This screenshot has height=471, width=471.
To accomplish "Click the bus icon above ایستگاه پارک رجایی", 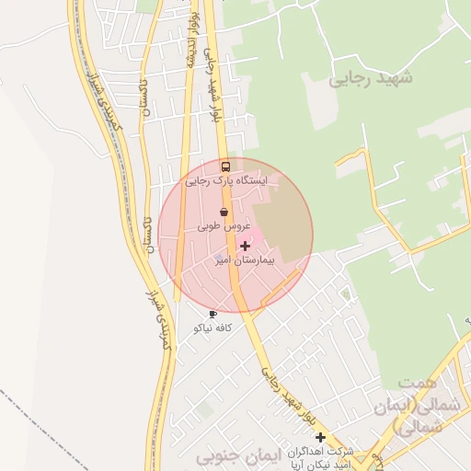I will (225, 167).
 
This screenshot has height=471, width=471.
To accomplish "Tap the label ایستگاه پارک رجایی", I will (226, 181).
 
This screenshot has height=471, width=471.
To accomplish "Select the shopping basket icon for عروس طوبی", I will (224, 212).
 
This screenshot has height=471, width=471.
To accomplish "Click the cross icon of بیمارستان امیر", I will (244, 246).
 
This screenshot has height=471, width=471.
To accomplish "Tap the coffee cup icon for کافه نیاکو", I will (213, 315).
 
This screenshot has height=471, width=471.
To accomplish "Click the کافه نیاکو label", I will (213, 327).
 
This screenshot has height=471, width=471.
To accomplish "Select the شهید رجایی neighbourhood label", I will (371, 78).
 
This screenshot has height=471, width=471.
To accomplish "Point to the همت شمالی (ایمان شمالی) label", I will (422, 404).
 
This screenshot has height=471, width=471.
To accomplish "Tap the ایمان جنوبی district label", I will (235, 456).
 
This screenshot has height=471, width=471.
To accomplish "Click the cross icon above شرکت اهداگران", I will (320, 437).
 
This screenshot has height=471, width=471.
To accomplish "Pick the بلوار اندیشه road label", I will (192, 41).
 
